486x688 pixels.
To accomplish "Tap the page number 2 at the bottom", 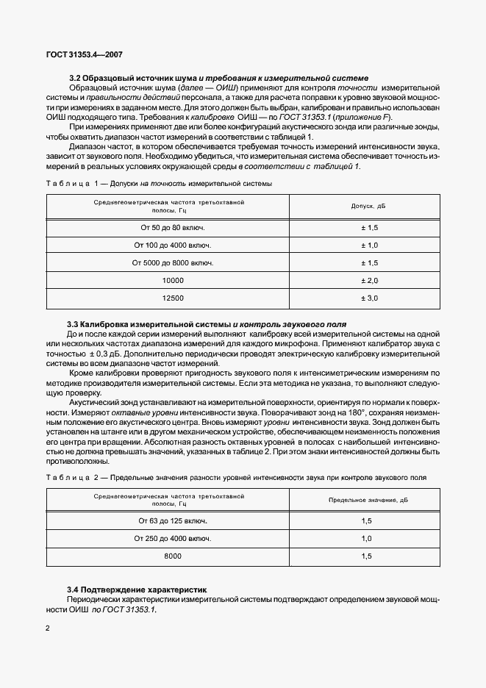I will pos(48,628).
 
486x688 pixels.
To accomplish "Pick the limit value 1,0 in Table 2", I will pos(368,539).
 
